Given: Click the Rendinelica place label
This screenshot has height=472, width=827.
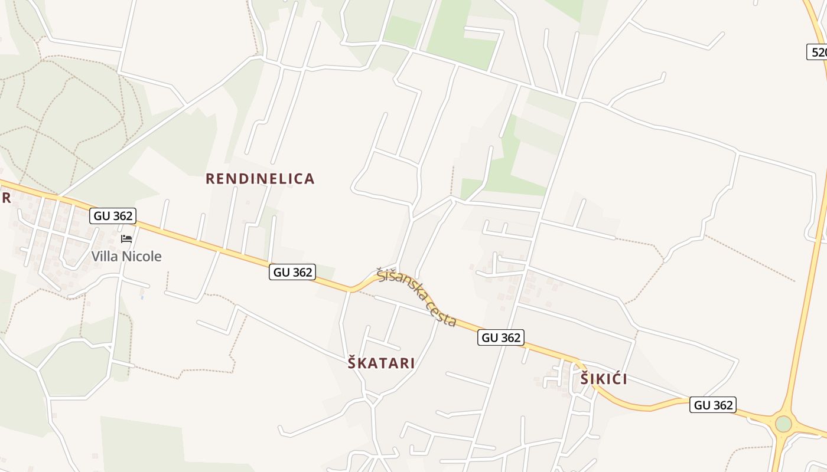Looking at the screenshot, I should point(260,179).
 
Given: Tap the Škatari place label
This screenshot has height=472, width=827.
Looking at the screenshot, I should point(381,363).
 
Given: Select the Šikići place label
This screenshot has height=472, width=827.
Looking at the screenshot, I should point(603,379).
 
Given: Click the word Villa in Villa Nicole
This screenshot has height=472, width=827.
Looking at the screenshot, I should point(105,256).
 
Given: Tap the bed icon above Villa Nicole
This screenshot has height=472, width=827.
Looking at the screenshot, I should point(126,239).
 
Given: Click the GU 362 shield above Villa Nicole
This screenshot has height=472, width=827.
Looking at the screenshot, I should point(113,216).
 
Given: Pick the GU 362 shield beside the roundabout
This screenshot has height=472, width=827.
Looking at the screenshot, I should point(713,405).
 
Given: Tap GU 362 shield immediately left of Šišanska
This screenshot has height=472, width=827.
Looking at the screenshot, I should point(292,272).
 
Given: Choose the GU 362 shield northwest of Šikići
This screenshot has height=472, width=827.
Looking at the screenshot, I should point(501,337).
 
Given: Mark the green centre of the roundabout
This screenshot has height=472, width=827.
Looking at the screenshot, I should point(783,424).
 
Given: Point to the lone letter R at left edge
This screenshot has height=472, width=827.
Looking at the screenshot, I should point(6,198).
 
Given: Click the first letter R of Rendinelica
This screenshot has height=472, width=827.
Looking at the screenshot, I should point(210,179).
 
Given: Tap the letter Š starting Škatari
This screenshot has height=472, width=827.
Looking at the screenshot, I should point(352,362).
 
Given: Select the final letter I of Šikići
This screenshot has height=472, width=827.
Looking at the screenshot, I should point(624,379).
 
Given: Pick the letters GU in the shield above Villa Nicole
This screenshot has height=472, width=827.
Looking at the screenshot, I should point(102,216).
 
